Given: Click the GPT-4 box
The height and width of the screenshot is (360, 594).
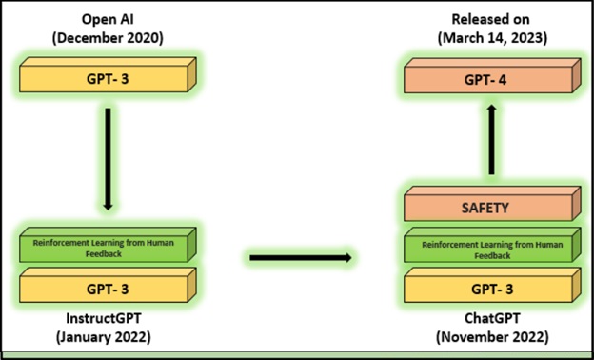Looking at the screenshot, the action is click(x=492, y=76).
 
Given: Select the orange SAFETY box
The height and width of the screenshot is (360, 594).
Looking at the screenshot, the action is click(x=492, y=204).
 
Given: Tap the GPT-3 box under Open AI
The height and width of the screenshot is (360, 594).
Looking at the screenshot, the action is click(x=108, y=74).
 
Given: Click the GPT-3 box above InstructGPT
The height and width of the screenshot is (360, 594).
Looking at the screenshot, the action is click(x=108, y=285).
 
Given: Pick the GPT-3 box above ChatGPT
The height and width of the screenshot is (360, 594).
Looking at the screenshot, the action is click(x=492, y=285).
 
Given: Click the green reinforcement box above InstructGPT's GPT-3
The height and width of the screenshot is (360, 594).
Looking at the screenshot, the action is click(x=108, y=245).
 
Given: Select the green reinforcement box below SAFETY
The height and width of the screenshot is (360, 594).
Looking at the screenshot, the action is click(x=492, y=245).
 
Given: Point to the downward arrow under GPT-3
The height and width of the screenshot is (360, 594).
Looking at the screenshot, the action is click(x=108, y=159).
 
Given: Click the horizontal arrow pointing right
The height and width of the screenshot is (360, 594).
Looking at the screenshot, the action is click(x=301, y=258).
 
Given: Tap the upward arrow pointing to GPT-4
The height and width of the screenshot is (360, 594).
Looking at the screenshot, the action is click(x=491, y=139).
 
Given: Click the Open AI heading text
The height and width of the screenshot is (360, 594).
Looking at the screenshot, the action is click(x=108, y=20).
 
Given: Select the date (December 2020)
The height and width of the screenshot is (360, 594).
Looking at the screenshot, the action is click(x=108, y=38).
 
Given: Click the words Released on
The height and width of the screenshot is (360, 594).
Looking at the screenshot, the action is click(x=492, y=20).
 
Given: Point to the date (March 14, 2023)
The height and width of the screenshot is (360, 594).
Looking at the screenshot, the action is click(x=492, y=38).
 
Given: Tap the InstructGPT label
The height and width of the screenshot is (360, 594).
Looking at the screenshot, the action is click(x=104, y=318).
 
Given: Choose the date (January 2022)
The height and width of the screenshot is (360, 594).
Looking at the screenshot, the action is click(x=104, y=337).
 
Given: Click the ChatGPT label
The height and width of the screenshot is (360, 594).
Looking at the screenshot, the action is click(x=492, y=318).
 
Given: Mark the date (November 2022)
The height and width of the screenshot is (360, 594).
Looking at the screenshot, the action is click(x=492, y=337).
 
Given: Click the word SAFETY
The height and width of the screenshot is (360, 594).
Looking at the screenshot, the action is click(x=485, y=208).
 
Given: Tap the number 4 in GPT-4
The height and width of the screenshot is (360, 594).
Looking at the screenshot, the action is click(x=502, y=80).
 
